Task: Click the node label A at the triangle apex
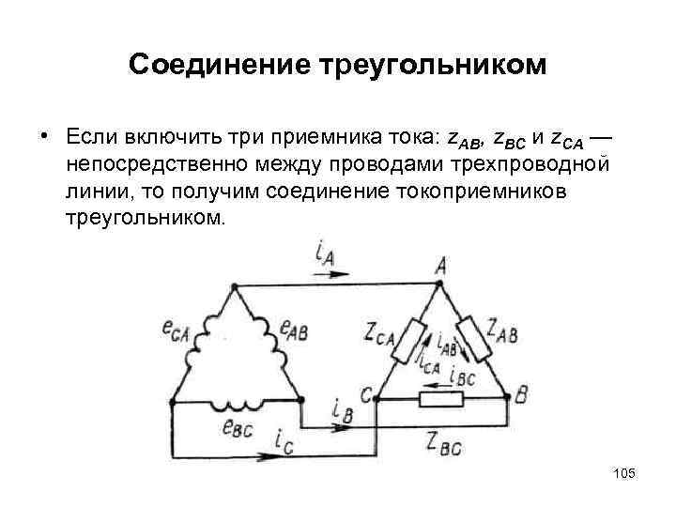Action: click(440, 267)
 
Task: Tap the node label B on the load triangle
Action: click(521, 397)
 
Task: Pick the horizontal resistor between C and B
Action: click(440, 400)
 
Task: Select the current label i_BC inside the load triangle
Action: click(463, 376)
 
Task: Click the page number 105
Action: click(623, 474)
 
